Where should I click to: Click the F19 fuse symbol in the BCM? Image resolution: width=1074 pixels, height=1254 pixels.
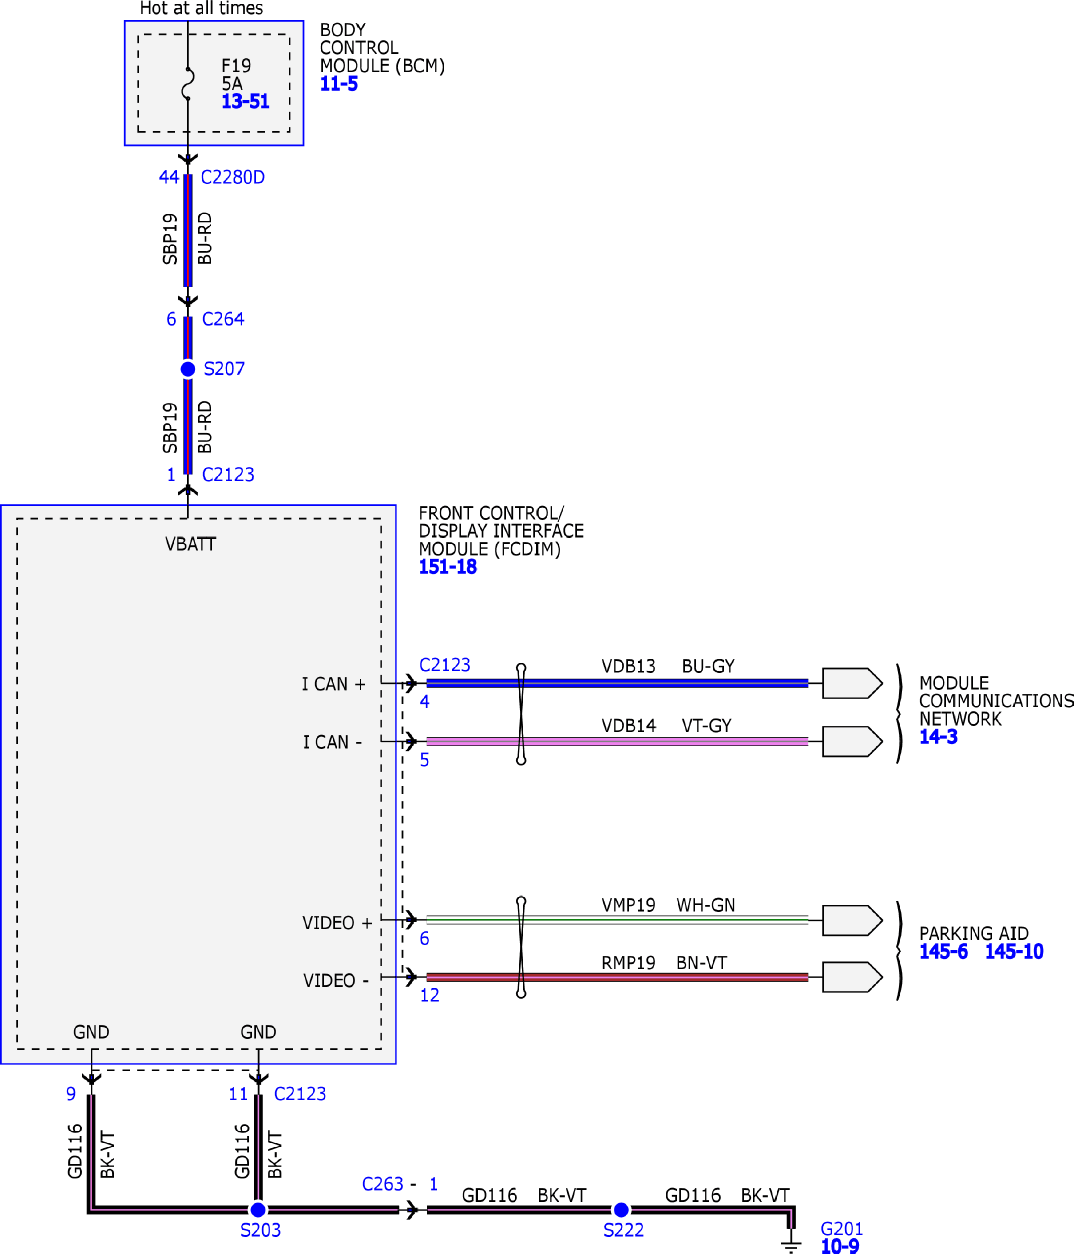click(188, 84)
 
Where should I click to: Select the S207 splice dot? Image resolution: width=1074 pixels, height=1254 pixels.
click(188, 369)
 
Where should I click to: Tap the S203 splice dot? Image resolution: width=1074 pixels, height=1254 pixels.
click(258, 1209)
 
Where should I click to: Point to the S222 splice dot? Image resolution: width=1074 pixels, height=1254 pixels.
click(621, 1209)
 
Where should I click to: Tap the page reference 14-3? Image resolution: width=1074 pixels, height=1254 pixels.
click(938, 737)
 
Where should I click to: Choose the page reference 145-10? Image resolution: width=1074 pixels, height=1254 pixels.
click(1014, 951)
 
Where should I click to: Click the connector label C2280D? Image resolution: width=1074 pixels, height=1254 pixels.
click(233, 177)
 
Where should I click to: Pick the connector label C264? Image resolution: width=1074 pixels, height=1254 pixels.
click(223, 319)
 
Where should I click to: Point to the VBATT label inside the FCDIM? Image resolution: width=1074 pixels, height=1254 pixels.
click(191, 544)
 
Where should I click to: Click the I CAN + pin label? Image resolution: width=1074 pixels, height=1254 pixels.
click(333, 684)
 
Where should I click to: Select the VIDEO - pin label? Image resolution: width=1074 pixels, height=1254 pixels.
click(336, 980)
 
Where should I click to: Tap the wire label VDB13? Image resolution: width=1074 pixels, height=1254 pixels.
click(628, 667)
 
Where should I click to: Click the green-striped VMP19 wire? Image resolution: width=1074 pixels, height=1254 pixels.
click(617, 920)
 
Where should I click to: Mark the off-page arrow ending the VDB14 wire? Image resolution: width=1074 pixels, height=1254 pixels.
click(853, 741)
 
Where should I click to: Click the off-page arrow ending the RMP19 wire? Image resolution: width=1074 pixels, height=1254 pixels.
click(853, 977)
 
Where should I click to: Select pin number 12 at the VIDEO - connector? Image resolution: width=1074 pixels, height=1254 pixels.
click(430, 995)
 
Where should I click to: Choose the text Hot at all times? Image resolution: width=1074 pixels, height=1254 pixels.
click(202, 8)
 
